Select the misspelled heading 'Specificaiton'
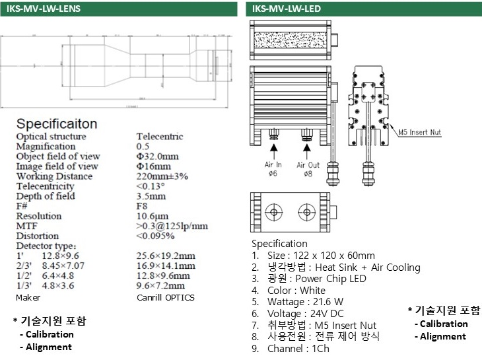point(57,124)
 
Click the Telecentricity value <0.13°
point(151,186)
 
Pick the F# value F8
point(141,206)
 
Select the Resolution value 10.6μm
point(152,216)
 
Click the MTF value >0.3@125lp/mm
point(172,226)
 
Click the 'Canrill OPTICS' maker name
point(165,297)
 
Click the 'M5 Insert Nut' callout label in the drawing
point(419,132)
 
